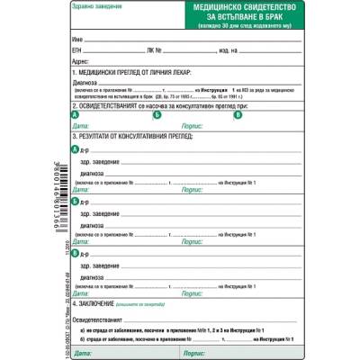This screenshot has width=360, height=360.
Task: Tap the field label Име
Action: coord(77,41)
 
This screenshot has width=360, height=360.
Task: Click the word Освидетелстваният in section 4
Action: coord(103,319)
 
